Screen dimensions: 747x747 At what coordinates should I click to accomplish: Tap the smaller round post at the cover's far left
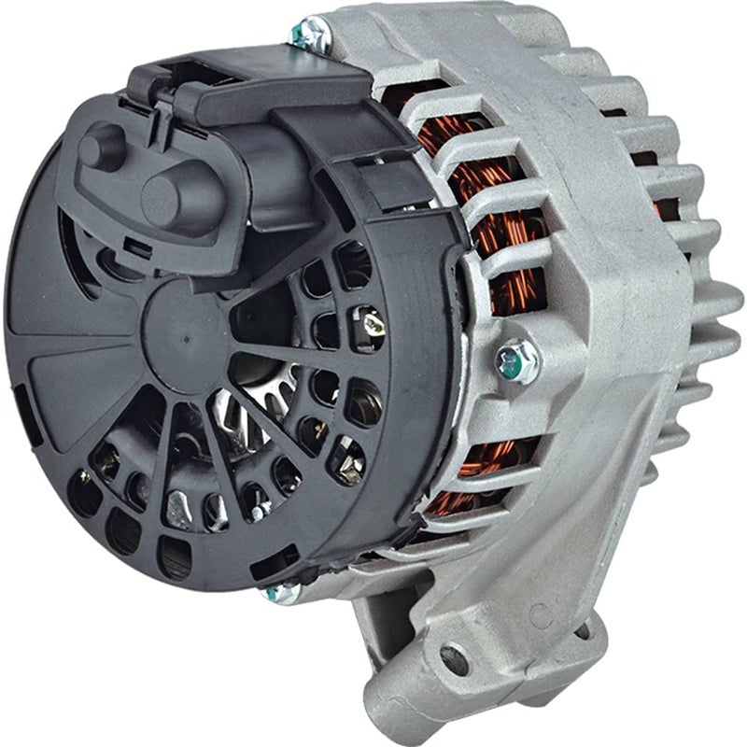tap(98, 147)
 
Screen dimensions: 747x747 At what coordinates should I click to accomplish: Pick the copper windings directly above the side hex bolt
tap(509, 280)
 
